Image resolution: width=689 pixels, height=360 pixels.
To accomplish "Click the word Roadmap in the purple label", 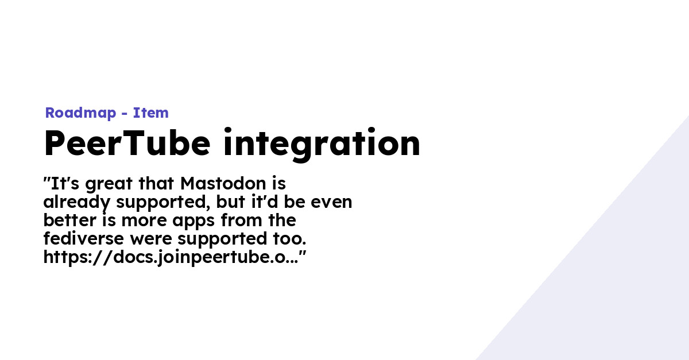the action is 80,113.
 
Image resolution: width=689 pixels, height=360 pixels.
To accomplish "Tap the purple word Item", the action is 150,113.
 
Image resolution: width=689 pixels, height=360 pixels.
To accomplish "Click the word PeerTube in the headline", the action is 127,143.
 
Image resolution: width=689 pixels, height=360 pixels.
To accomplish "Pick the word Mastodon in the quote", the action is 223,184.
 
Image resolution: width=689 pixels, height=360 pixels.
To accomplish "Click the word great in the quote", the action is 109,184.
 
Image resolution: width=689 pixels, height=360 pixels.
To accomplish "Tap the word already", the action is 76,203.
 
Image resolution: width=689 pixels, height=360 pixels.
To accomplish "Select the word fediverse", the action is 84,238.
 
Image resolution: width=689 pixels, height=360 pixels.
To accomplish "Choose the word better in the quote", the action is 70,220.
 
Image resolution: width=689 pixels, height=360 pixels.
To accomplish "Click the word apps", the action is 193,222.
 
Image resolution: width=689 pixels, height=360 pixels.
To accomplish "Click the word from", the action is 242,220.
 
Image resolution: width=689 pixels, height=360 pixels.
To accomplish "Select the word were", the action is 151,239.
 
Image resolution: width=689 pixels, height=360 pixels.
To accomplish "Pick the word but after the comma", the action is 230,202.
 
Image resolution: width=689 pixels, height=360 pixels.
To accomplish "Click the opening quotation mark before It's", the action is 47,180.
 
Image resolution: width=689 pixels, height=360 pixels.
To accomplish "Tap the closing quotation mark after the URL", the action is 303,254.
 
